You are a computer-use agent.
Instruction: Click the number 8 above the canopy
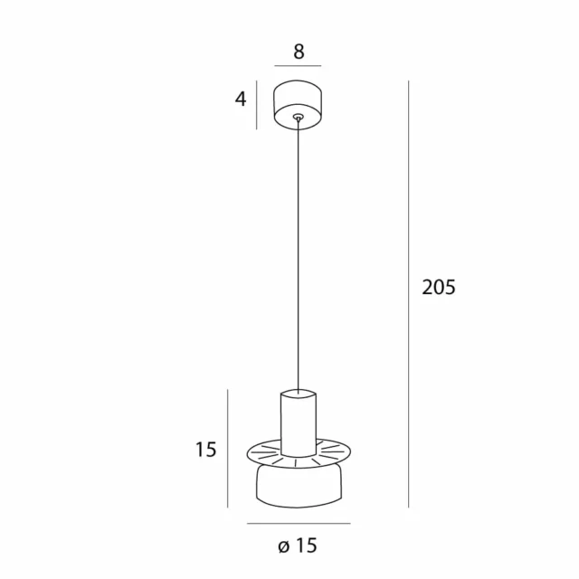(x=299, y=52)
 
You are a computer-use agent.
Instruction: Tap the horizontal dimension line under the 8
(x=299, y=66)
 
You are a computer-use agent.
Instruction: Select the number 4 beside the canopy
(x=241, y=99)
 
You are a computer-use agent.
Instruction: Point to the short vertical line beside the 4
(x=258, y=104)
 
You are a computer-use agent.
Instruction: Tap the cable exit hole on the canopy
(x=299, y=116)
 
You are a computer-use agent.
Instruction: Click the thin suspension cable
(x=299, y=253)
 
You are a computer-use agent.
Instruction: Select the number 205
(x=439, y=288)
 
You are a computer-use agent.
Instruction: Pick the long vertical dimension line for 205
(x=410, y=289)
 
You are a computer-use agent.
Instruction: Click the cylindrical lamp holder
(x=299, y=425)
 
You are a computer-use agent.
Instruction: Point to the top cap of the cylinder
(x=299, y=395)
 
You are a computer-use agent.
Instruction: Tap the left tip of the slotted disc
(x=248, y=452)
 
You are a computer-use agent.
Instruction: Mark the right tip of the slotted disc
(x=349, y=452)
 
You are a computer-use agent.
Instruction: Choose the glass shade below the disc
(x=299, y=487)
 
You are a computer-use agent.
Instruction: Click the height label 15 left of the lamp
(x=206, y=450)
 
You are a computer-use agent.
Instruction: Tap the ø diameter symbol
(x=284, y=546)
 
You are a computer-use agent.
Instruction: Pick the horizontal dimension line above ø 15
(x=299, y=525)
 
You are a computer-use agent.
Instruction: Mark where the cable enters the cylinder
(x=299, y=391)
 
